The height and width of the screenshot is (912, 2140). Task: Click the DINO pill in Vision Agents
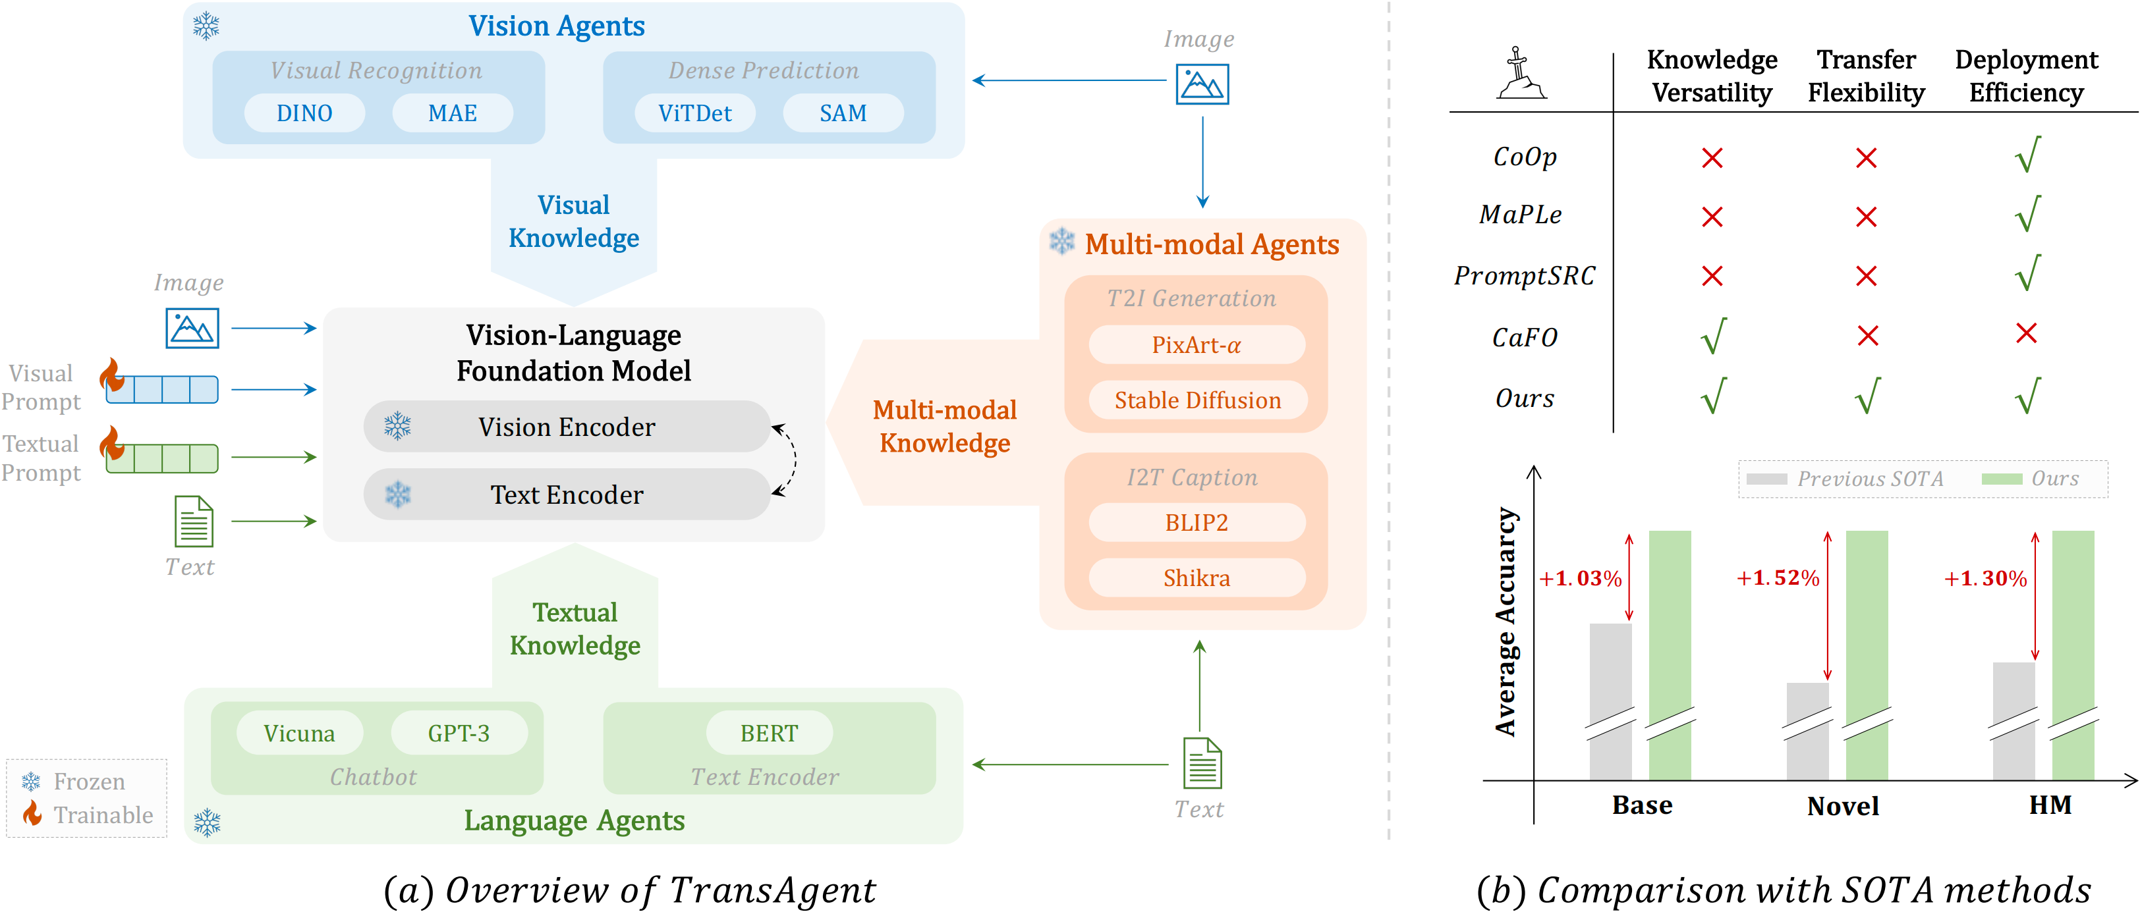(304, 113)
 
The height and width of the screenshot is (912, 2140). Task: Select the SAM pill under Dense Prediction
(843, 113)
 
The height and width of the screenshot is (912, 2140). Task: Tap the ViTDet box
(694, 113)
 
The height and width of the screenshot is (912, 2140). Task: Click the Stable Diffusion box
(1197, 400)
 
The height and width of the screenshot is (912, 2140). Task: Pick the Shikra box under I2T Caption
(1197, 578)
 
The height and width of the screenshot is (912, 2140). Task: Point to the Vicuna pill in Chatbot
(299, 734)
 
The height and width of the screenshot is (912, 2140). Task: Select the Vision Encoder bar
(567, 427)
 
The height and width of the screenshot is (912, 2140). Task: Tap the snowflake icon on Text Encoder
(398, 495)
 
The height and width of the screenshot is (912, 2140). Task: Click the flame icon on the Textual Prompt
(112, 444)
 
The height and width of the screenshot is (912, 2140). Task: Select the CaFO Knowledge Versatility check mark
(1713, 336)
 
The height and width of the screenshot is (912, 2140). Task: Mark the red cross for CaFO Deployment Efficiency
(2026, 334)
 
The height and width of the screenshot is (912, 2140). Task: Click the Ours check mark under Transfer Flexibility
(1867, 396)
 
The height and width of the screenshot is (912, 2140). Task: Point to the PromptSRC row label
(1525, 276)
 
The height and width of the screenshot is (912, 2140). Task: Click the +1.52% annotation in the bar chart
(1778, 578)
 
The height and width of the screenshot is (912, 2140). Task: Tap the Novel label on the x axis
(1843, 806)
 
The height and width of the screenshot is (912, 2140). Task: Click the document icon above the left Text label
(194, 522)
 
